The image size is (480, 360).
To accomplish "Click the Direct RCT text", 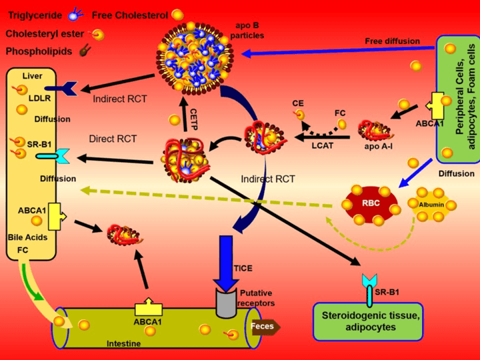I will (x=113, y=139).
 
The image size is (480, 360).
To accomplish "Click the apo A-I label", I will (x=377, y=144).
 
